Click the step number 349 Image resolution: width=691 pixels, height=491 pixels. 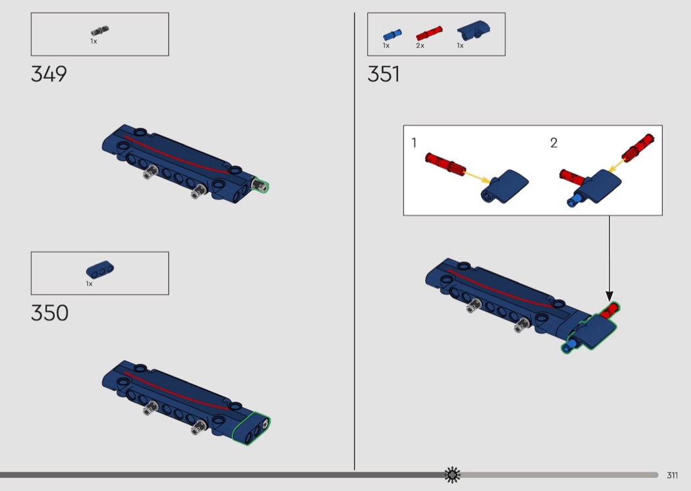click(49, 74)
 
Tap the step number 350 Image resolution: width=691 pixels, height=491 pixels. click(49, 313)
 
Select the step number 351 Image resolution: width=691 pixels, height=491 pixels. click(384, 74)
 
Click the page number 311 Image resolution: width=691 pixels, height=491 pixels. click(672, 475)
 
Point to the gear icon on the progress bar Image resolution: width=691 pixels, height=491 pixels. click(452, 475)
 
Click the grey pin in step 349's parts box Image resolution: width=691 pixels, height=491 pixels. click(100, 31)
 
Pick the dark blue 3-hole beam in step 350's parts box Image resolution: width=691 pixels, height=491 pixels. click(99, 270)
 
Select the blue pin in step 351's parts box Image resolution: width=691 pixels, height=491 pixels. click(392, 35)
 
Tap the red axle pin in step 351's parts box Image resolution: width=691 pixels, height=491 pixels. click(429, 34)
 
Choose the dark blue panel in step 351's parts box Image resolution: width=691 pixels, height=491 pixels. click(474, 30)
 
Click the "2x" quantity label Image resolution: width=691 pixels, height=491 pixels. click(420, 46)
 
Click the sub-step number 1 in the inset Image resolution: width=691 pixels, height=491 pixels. click(414, 143)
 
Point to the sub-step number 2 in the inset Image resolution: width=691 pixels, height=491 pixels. click(554, 143)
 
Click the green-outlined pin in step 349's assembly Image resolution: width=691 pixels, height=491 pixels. click(260, 185)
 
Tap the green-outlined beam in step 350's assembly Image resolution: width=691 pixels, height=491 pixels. click(251, 428)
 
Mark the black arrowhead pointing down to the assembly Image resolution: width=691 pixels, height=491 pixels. click(609, 296)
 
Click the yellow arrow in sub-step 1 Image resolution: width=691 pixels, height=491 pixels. click(477, 176)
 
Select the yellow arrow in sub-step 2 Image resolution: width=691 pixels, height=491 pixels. click(615, 166)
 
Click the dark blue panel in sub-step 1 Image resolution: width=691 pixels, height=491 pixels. click(504, 186)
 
